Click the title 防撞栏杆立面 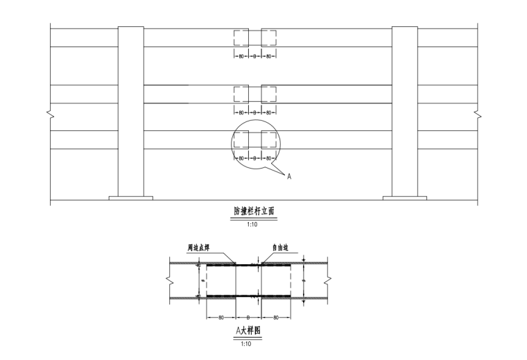point(254,210)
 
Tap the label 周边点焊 point(198,247)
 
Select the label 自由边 point(280,247)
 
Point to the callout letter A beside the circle point(289,177)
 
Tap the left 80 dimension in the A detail point(221,317)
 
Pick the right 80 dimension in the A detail point(275,317)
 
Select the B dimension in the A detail point(248,317)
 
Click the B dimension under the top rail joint point(254,55)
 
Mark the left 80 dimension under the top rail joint point(241,55)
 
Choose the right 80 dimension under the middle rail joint point(268,112)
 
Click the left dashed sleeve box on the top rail point(241,37)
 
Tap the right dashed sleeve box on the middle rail point(268,94)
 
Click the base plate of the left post point(130,198)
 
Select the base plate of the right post point(405,198)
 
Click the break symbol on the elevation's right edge point(476,113)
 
